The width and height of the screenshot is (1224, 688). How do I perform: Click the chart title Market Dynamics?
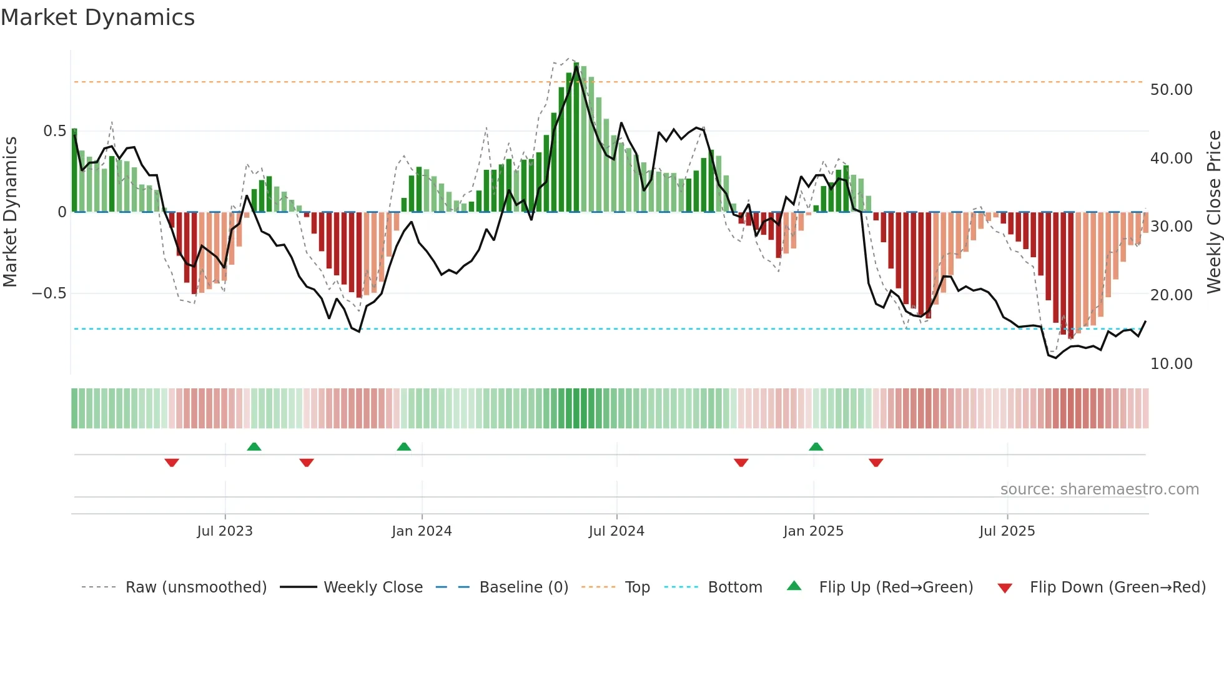pyautogui.click(x=97, y=17)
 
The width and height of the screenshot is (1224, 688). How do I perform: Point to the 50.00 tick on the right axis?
pyautogui.click(x=1171, y=90)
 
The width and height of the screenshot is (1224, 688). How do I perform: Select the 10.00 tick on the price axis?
pyautogui.click(x=1171, y=364)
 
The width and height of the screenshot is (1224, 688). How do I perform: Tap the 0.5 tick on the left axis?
pyautogui.click(x=54, y=131)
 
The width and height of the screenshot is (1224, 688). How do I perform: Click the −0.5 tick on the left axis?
pyautogui.click(x=49, y=293)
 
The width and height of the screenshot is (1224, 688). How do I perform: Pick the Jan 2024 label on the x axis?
pyautogui.click(x=422, y=531)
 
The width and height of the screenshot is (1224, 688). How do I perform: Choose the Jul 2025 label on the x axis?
pyautogui.click(x=1007, y=531)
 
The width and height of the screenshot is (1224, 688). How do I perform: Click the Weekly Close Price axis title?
pyautogui.click(x=1213, y=212)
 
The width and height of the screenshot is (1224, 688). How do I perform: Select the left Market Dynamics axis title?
pyautogui.click(x=10, y=212)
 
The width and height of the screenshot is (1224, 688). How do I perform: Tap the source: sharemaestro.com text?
pyautogui.click(x=1099, y=489)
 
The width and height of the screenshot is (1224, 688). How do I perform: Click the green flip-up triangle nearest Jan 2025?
pyautogui.click(x=816, y=446)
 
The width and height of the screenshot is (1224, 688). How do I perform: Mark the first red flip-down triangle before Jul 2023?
pyautogui.click(x=172, y=463)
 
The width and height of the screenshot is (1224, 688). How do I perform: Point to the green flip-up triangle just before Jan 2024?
pyautogui.click(x=404, y=446)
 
